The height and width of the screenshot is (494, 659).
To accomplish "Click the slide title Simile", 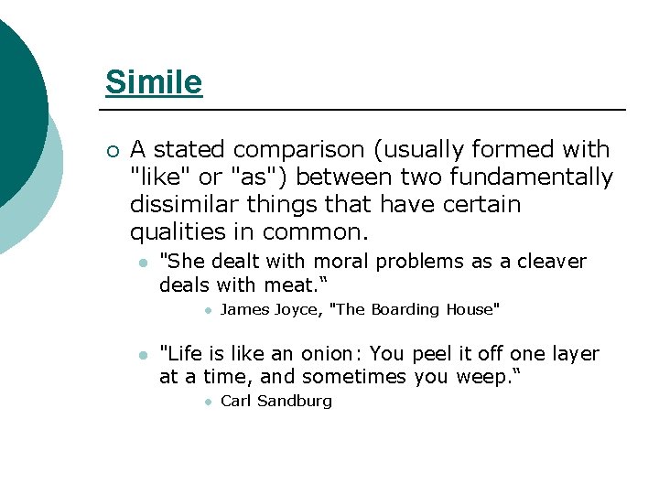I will (x=154, y=82).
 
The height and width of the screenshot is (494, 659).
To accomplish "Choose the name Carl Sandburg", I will (x=276, y=401).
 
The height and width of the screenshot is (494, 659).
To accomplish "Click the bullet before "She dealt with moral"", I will (x=141, y=263).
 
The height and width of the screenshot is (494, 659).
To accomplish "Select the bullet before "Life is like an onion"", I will (x=141, y=355).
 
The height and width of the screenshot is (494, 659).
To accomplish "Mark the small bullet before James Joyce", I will (x=209, y=310).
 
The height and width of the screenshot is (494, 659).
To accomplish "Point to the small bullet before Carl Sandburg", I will (x=209, y=402).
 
